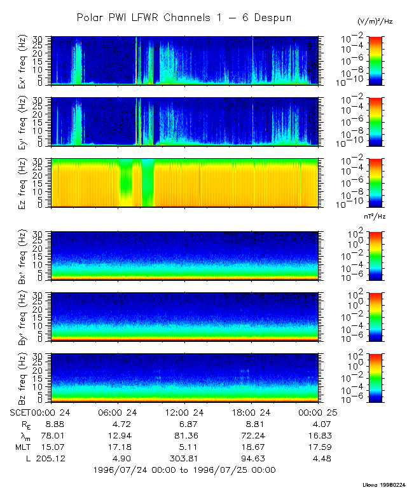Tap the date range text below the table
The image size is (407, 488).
(x=184, y=470)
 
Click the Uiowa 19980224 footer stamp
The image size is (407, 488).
(x=383, y=484)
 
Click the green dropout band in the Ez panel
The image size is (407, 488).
(x=148, y=183)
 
